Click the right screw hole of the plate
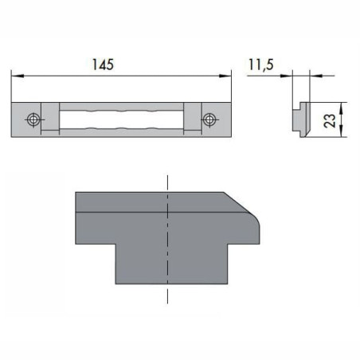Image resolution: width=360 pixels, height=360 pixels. point(209,119)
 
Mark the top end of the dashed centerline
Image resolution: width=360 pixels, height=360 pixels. point(168,175)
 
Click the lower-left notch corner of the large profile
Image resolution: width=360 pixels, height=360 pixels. point(116,244)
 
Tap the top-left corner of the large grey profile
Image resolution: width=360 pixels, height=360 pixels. point(76,193)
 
